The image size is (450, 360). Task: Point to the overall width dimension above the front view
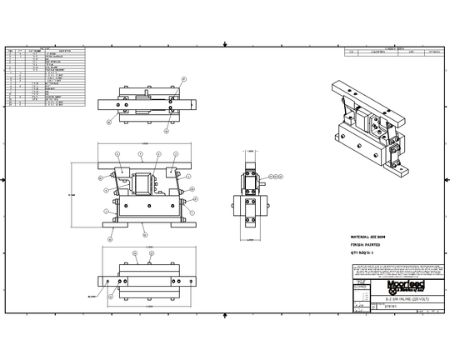click(147, 142)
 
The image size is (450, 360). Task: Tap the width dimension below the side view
click(249, 239)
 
